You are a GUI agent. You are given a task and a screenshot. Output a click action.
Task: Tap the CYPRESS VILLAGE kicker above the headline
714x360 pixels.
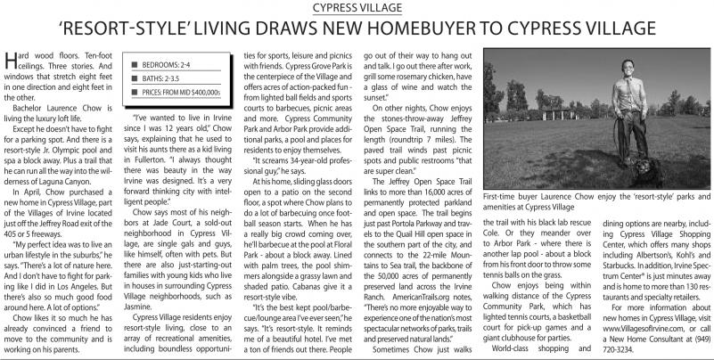pyautogui.click(x=357, y=8)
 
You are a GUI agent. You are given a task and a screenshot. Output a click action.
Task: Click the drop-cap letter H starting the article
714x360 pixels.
pyautogui.click(x=11, y=61)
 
